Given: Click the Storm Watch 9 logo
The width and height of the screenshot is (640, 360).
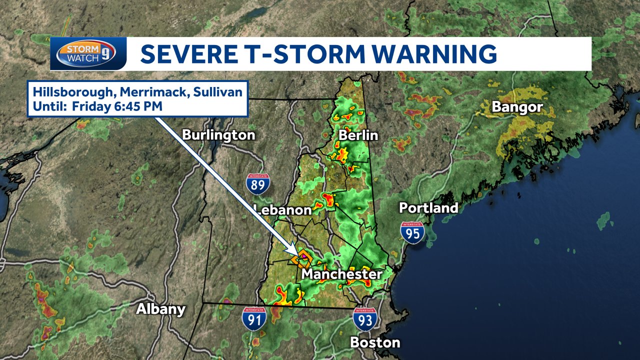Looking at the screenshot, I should coord(86,53).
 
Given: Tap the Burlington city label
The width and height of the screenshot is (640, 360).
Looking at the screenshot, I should coord(218,135).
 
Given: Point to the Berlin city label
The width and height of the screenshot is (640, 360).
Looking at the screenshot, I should coord(358,135).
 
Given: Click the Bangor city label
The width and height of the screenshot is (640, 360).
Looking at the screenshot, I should coord(517,107).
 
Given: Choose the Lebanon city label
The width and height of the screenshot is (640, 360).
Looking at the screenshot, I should coord(282,209).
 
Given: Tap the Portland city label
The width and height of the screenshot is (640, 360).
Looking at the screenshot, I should coord(428,208).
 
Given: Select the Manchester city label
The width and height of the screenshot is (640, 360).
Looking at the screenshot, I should coord(342,274).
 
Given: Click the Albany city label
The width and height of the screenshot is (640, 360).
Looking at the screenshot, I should coord(161,309).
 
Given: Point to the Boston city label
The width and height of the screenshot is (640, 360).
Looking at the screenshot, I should coord(375,342).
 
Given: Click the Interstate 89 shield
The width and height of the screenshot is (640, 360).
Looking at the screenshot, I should coord(258,184).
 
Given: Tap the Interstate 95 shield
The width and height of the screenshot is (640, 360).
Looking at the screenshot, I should coord(412,233).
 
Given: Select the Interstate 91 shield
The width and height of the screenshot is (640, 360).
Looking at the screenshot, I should coord(254,319).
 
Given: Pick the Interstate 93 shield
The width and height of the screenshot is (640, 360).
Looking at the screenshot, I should coord(365,318).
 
